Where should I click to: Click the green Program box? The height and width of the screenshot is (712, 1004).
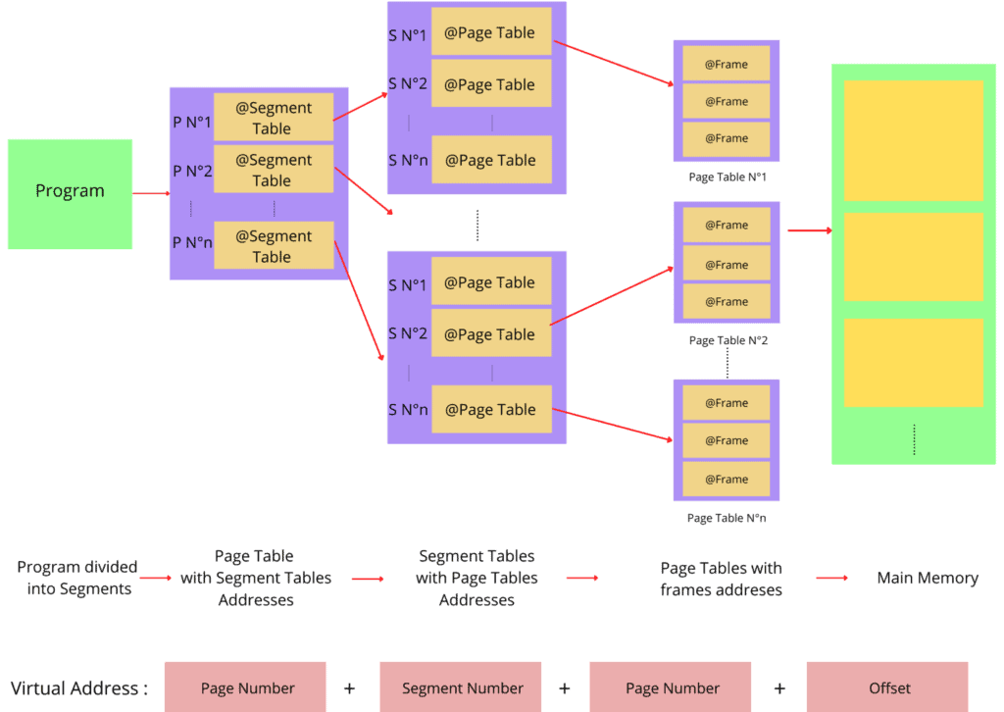point(70,193)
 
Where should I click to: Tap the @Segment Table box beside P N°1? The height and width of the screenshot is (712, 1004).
point(274,118)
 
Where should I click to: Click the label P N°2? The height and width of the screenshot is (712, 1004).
point(192,171)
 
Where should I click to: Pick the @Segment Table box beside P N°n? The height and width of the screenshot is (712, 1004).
point(274,246)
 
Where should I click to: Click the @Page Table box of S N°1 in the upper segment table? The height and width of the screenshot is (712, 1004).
point(490,31)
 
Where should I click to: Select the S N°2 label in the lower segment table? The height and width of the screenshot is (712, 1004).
point(407,334)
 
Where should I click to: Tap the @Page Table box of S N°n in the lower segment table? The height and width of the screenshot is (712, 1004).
point(490,410)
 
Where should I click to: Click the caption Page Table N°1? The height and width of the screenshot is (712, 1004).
point(727,178)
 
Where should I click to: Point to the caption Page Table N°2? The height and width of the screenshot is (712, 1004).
point(727,340)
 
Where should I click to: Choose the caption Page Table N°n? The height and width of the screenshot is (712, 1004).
point(727,518)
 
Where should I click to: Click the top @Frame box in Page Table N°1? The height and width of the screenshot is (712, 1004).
point(727,65)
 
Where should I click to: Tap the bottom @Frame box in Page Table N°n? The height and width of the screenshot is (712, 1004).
point(727,480)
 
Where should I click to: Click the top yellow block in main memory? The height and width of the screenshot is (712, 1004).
point(913,140)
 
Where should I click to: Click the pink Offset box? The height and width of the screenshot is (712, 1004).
point(887,688)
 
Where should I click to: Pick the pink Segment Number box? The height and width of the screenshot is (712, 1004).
point(461,688)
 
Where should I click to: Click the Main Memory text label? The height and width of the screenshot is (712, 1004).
point(927,578)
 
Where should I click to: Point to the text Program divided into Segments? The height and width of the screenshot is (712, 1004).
point(76,578)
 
